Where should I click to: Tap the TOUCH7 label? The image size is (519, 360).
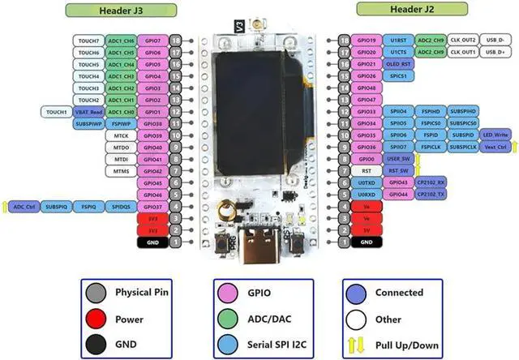[x=87, y=40]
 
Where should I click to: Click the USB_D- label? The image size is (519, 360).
[x=494, y=40]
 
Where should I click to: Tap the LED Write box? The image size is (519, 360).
[x=495, y=135]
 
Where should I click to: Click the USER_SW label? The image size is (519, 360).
[x=398, y=159]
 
